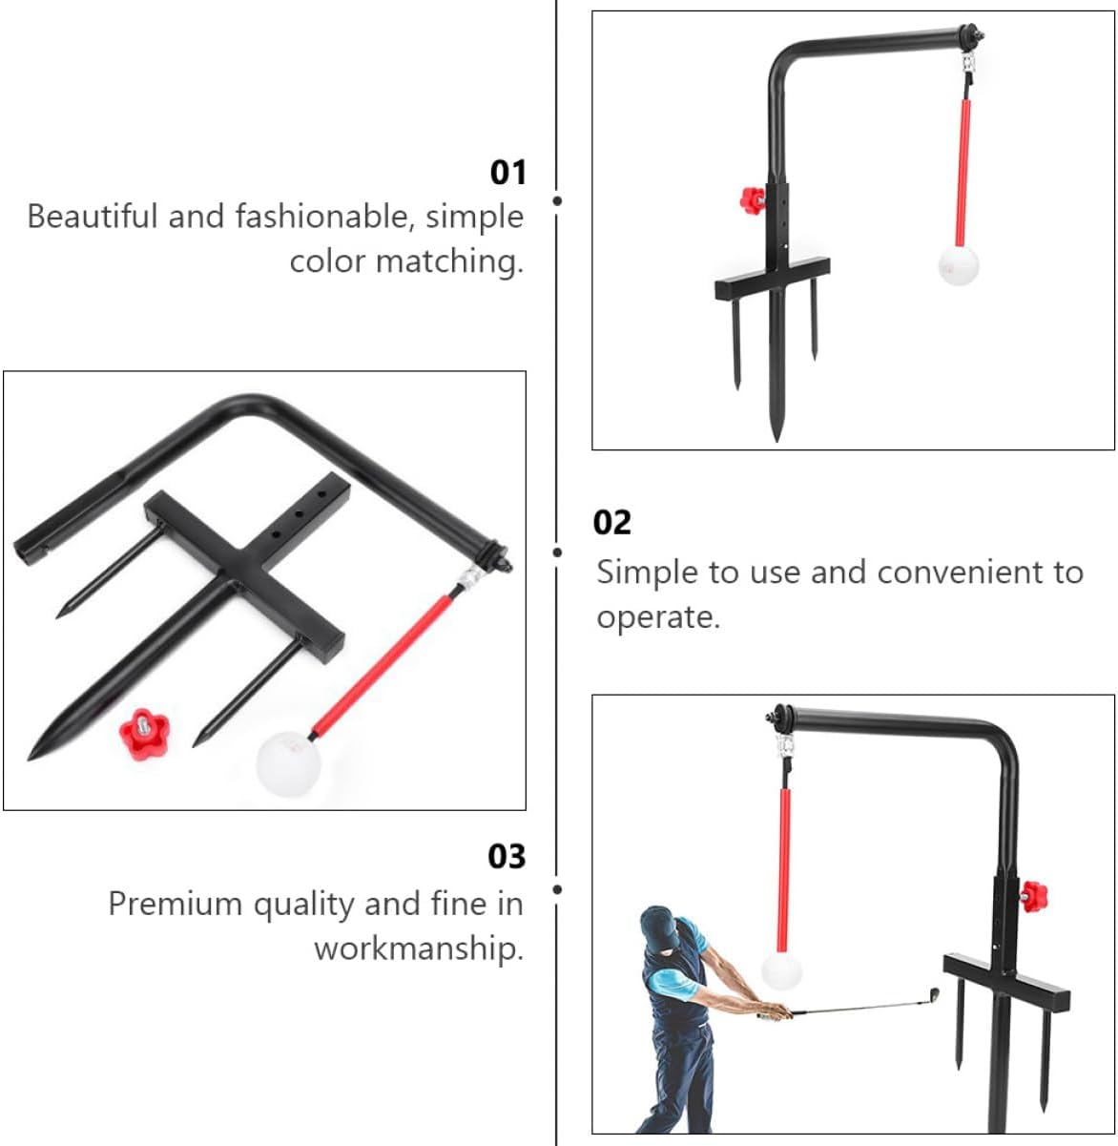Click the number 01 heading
(507, 173)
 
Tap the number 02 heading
(611, 523)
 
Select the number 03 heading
(507, 856)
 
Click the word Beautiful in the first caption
(93, 217)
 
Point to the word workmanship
(419, 949)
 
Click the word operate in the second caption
(657, 617)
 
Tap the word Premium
(176, 904)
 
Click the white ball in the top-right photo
(959, 265)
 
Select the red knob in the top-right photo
(752, 200)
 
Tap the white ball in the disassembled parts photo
(287, 761)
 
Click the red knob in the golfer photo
(1033, 896)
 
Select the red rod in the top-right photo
(963, 172)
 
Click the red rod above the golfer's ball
(784, 868)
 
